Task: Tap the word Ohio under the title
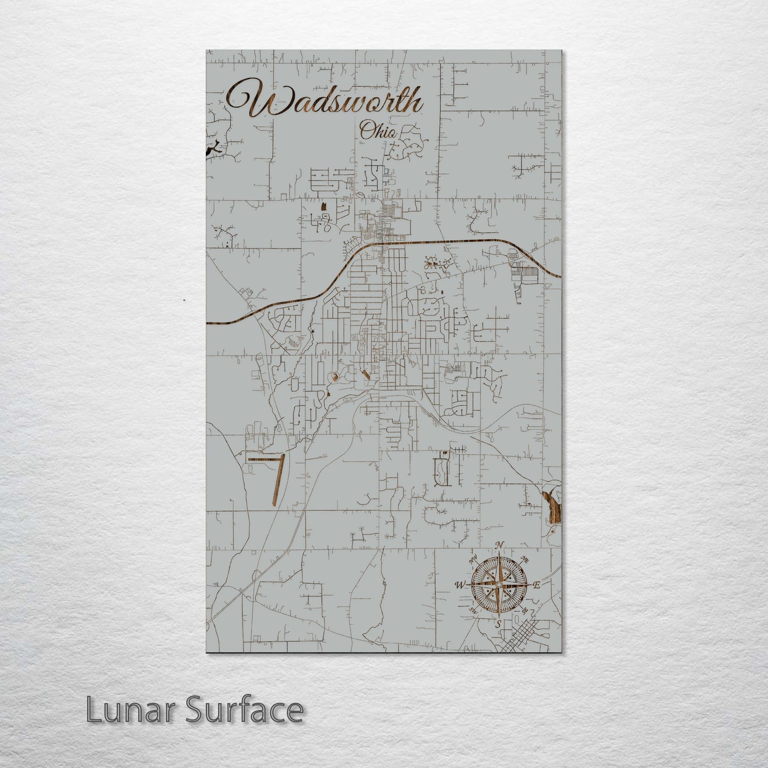pos(378,131)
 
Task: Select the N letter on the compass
pos(499,545)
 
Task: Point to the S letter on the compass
pos(498,624)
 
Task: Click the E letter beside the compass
pos(537,585)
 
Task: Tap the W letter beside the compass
pos(458,586)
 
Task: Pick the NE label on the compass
pos(525,559)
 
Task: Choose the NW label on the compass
pos(472,560)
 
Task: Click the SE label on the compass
pos(524,611)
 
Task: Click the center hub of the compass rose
pos(498,585)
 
